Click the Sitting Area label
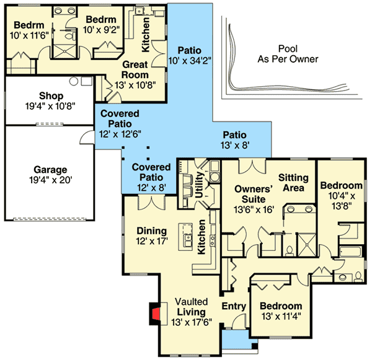click(x=294, y=183)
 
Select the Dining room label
click(x=151, y=235)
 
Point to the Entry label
click(x=233, y=306)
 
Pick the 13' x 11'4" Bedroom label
click(x=281, y=312)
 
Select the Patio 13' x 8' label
click(x=234, y=140)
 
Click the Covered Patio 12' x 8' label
click(x=151, y=173)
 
